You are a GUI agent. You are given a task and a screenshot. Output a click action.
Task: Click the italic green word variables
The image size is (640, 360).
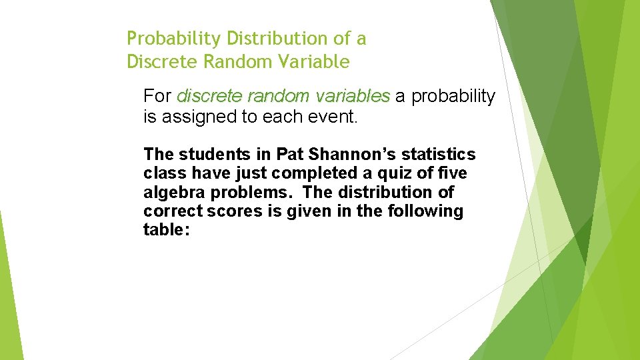pyautogui.click(x=351, y=97)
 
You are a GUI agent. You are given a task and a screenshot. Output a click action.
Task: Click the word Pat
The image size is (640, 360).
pyautogui.click(x=289, y=155)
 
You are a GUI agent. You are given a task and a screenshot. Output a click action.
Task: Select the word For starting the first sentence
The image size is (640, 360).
pyautogui.click(x=157, y=97)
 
